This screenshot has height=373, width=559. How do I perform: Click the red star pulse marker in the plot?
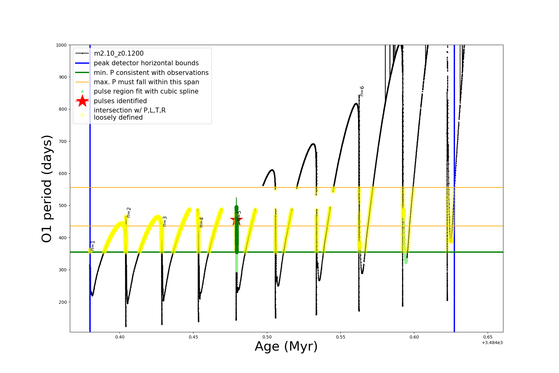point(236,220)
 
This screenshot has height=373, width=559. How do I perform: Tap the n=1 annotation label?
point(93,246)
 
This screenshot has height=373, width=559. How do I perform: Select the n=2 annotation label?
point(129,212)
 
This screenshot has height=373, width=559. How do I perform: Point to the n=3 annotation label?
point(165,221)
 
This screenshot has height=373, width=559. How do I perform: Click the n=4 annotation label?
point(201,222)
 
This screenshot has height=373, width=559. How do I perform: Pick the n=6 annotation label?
point(362,91)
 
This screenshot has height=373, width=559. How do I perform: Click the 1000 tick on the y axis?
point(61,45)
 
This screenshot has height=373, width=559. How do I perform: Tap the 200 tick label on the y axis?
point(62,302)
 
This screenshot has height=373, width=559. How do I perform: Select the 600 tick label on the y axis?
point(62,173)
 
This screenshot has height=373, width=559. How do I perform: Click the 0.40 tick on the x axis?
point(120,337)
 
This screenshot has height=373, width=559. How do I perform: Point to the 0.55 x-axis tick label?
point(340,337)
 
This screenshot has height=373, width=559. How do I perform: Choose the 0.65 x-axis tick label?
point(488,337)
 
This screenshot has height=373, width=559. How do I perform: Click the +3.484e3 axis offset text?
point(492,343)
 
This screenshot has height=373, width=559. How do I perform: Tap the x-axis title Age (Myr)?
point(286,347)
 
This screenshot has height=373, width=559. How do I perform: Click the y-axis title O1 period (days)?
point(47,189)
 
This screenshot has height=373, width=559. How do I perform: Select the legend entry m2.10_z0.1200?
point(119,53)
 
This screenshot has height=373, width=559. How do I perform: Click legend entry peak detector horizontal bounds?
point(146,63)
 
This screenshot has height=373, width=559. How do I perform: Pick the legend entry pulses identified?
point(120,101)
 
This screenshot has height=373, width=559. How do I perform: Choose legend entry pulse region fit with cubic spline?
point(146,91)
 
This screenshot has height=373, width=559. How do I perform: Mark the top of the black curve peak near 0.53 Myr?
point(313,144)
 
